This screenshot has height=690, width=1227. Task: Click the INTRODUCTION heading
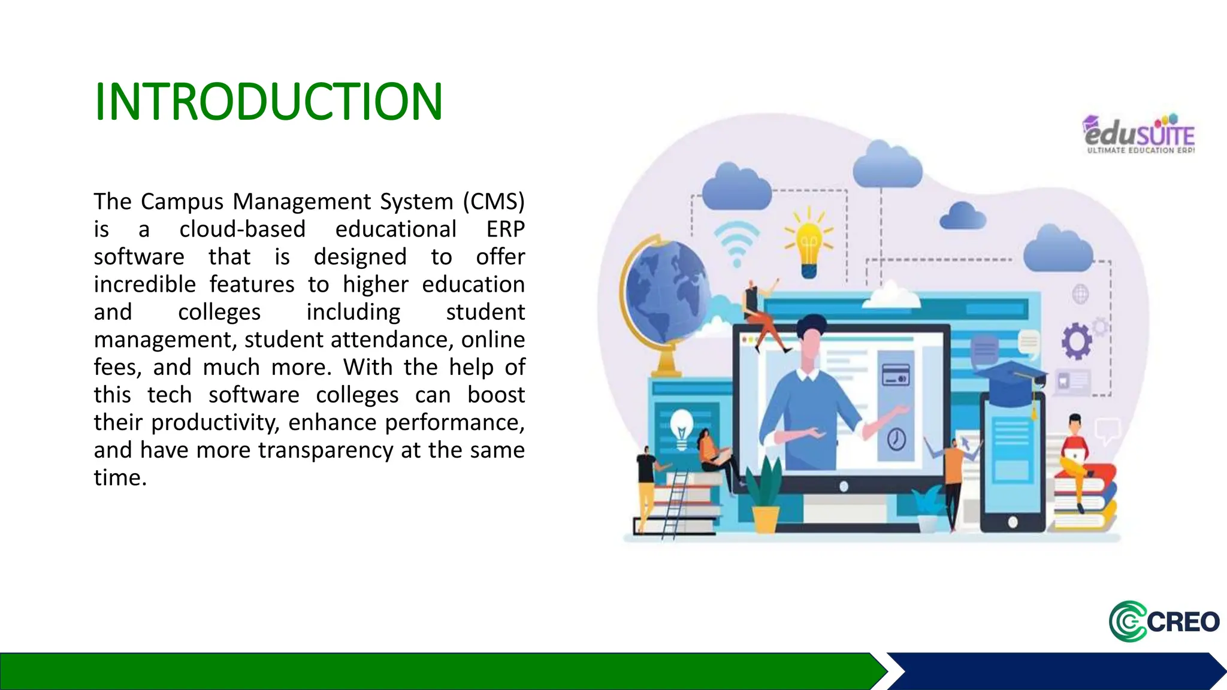click(268, 101)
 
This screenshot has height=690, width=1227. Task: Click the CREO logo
click(1163, 622)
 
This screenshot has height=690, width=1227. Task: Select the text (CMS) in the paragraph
click(494, 201)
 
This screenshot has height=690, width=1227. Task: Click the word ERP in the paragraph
click(505, 229)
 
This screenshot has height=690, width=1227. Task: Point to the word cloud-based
click(242, 229)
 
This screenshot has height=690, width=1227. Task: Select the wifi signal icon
click(737, 243)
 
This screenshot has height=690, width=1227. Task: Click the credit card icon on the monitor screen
click(896, 375)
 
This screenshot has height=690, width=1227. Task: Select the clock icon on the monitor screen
click(896, 439)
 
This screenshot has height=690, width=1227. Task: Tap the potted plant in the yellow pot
click(764, 497)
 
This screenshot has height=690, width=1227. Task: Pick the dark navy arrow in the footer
click(1054, 671)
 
